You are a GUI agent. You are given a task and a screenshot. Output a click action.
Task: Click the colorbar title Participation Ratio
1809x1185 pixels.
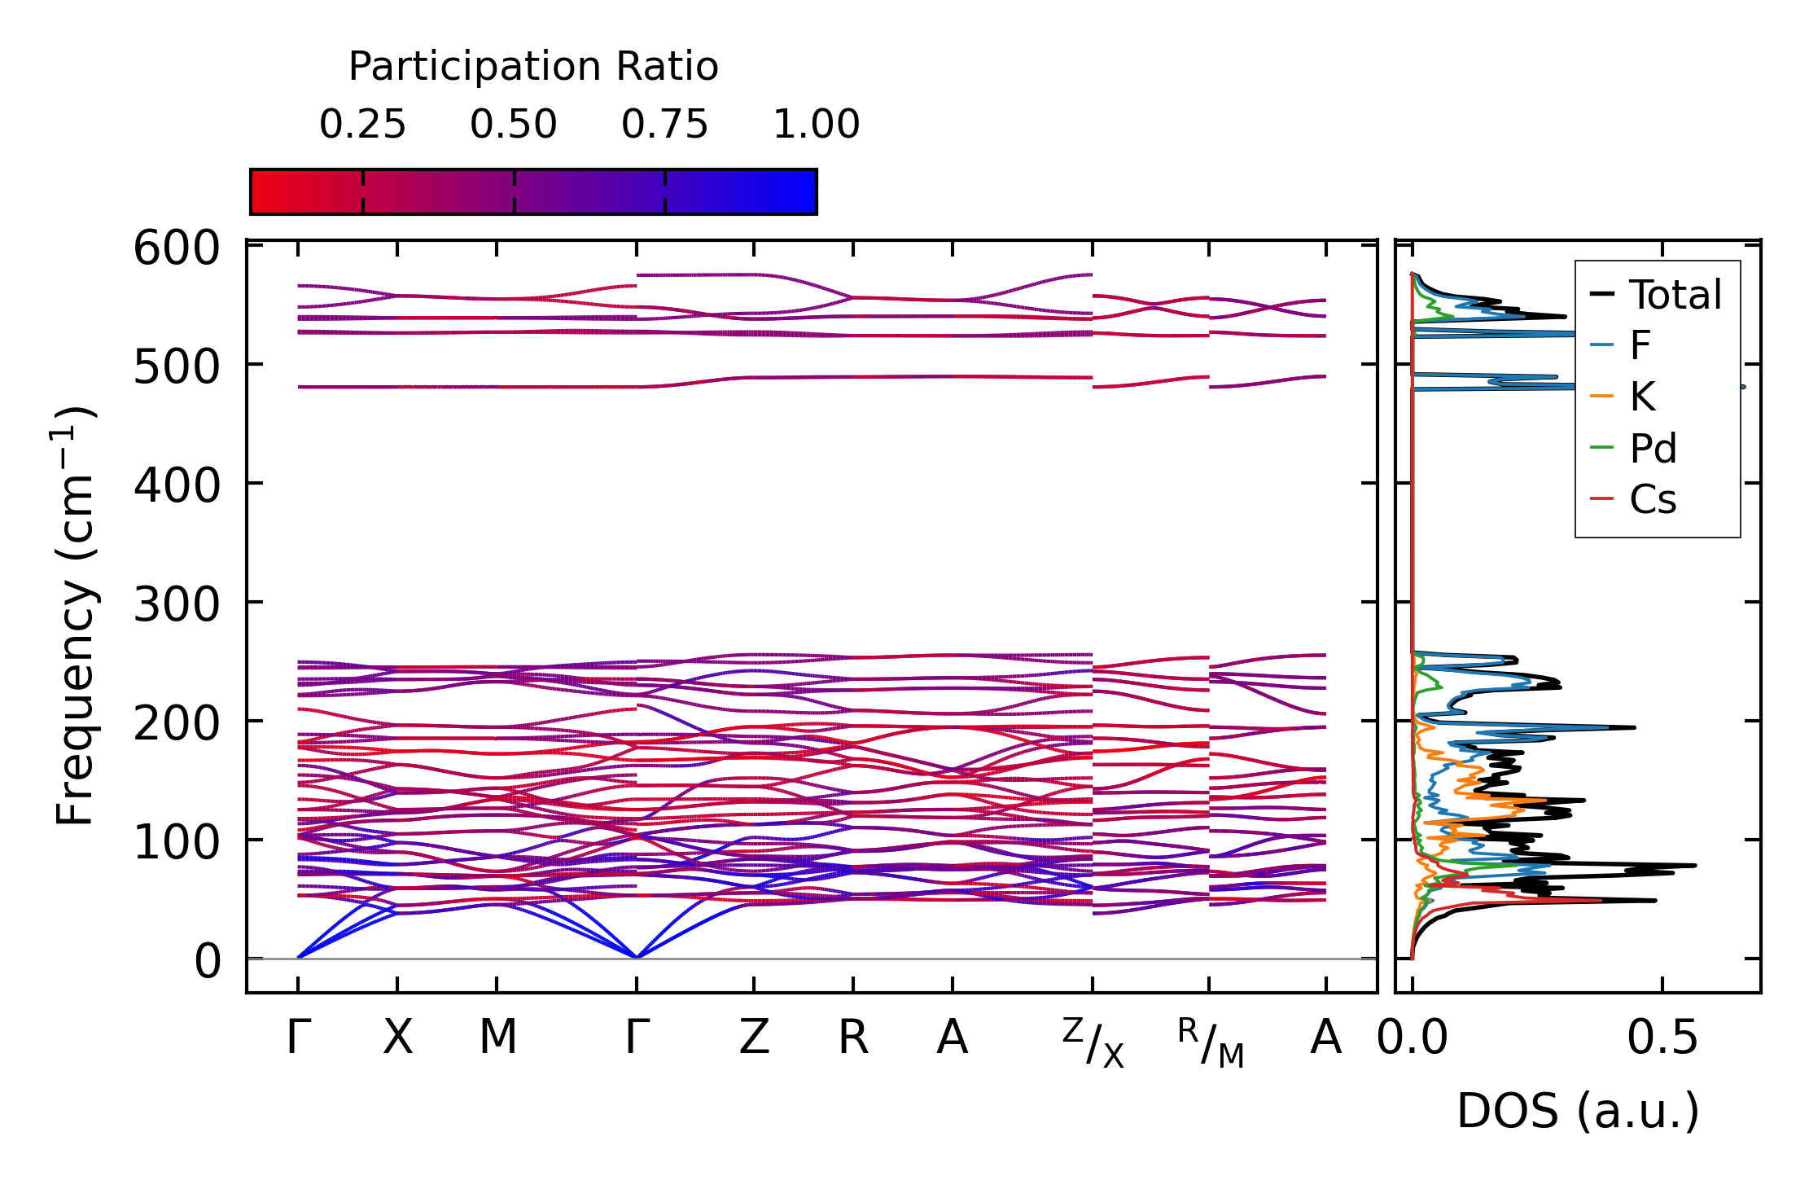click(x=533, y=67)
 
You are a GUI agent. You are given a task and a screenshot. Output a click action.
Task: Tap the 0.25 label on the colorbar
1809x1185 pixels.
click(x=362, y=125)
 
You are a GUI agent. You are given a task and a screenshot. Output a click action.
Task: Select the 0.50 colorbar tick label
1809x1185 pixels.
click(x=514, y=125)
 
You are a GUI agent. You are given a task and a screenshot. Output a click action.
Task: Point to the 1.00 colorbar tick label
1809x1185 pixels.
click(x=816, y=125)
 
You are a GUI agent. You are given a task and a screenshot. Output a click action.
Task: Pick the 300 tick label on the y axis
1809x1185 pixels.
click(x=177, y=604)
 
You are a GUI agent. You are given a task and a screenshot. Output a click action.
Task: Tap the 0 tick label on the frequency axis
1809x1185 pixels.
click(x=207, y=961)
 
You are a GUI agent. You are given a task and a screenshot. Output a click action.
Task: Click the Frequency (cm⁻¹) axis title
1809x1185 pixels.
click(x=76, y=616)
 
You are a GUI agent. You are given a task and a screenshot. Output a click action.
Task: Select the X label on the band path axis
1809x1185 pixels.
click(x=397, y=1038)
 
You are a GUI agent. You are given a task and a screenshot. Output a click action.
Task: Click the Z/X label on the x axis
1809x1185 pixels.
click(x=1093, y=1042)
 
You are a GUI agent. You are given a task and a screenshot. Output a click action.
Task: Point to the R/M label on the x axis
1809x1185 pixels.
click(x=1210, y=1042)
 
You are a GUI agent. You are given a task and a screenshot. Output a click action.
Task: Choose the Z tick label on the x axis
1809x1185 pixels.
click(x=754, y=1038)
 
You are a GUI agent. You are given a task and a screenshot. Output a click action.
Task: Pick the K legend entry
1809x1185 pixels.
click(x=1642, y=397)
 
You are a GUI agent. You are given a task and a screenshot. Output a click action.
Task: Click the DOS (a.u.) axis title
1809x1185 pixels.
click(x=1578, y=1111)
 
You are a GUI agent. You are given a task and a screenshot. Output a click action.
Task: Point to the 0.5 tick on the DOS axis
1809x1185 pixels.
click(x=1662, y=1038)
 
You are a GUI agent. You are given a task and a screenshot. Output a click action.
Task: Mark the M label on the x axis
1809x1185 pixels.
click(x=497, y=1038)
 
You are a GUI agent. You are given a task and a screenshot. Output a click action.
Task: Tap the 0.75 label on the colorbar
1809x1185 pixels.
click(x=664, y=125)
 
